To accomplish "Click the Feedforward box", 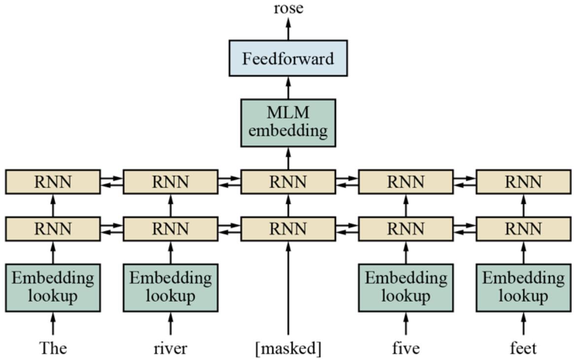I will (288, 58).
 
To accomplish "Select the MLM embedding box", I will (288, 123).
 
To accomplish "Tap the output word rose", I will (288, 8).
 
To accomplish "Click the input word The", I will (53, 348).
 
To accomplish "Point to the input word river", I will (170, 348).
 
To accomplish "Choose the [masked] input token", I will (288, 349).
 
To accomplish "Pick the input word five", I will (406, 348).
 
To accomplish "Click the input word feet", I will (523, 348).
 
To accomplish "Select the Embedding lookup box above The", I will (53, 288).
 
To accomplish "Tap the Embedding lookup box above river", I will (170, 288).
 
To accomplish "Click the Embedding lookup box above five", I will (406, 288).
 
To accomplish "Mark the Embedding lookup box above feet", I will (523, 288).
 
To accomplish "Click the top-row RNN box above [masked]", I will (288, 182).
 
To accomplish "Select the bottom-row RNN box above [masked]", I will (288, 229).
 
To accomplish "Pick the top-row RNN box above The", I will (53, 182).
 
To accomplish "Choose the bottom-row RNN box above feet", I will (523, 229).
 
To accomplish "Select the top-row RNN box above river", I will (170, 182).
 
